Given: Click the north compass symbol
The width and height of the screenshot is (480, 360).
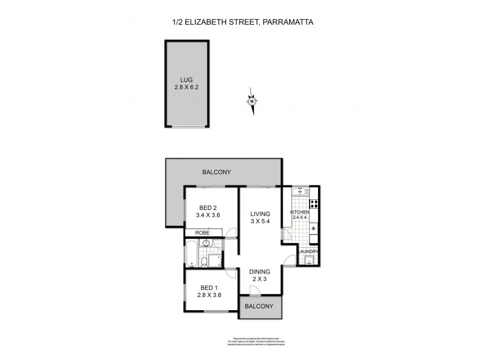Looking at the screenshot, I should pos(252,101).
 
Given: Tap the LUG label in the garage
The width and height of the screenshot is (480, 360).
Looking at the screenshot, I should pos(187,78).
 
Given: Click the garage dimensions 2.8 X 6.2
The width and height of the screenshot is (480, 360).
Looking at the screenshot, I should pos(187,86).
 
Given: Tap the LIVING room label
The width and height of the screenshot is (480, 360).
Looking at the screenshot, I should pos(260,214).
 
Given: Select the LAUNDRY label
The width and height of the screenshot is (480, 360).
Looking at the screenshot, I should pos(307,251).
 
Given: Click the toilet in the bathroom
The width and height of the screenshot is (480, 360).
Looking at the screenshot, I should pos(205,260).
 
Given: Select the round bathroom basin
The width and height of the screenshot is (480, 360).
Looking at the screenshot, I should pos(206,243).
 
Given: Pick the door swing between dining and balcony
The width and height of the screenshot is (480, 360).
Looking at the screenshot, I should pos(254,290).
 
